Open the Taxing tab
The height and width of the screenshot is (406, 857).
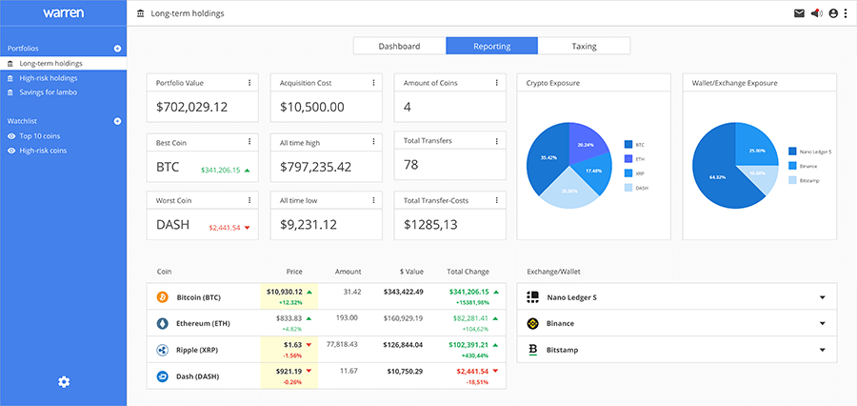click(584, 46)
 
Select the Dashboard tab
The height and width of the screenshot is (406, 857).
click(399, 46)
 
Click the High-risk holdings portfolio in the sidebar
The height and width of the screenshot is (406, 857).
click(49, 78)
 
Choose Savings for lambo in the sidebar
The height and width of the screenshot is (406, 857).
click(49, 92)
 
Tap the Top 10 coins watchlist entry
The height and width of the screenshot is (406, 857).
click(41, 136)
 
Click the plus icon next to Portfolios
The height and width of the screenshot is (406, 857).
click(117, 49)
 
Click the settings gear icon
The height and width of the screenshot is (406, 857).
click(64, 382)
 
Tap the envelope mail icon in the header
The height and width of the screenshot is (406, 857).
click(798, 13)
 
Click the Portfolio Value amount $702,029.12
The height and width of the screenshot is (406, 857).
click(192, 107)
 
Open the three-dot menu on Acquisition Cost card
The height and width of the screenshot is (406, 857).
click(373, 83)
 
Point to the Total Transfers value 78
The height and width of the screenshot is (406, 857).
click(411, 165)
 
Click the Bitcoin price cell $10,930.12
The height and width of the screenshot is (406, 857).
click(285, 292)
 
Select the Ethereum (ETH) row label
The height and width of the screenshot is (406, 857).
click(203, 324)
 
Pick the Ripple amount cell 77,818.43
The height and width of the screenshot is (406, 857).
click(341, 344)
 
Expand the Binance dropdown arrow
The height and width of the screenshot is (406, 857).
click(822, 324)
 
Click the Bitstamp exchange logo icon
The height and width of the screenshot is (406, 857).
click(533, 350)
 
